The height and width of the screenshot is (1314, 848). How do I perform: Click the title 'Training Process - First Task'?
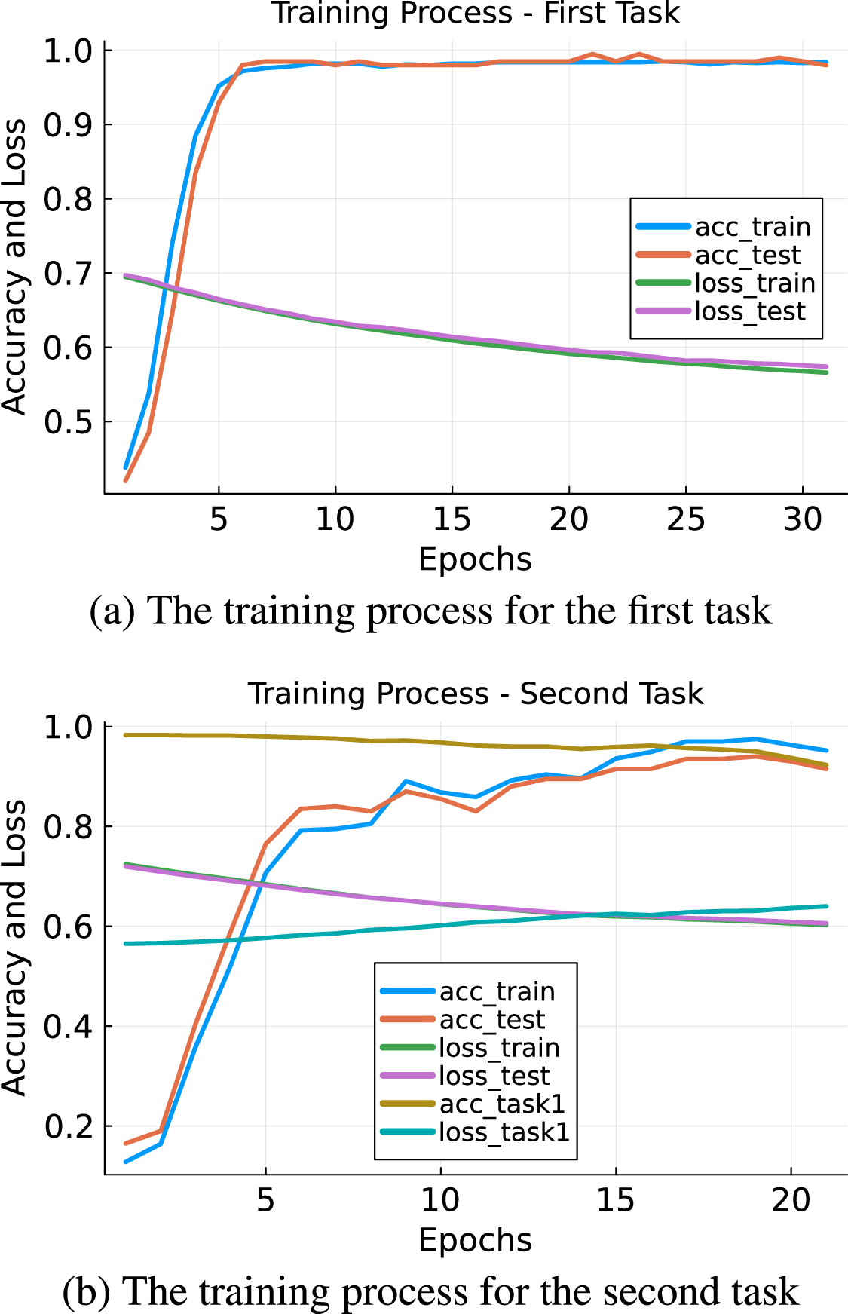(x=476, y=14)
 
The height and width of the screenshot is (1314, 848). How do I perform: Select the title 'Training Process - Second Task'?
(x=476, y=693)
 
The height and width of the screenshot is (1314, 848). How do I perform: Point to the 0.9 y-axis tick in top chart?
(x=67, y=125)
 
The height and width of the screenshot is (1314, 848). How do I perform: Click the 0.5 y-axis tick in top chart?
(x=67, y=422)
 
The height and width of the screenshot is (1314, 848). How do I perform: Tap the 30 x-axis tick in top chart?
(x=802, y=519)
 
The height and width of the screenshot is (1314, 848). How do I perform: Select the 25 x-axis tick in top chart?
(x=685, y=519)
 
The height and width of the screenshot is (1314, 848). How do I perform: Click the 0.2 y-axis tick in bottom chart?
(x=67, y=1126)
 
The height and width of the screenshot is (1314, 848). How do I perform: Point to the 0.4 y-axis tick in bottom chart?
(x=67, y=1026)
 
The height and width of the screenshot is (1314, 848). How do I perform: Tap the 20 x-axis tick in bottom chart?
(x=791, y=1200)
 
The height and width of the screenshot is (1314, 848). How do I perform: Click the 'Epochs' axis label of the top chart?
(x=475, y=559)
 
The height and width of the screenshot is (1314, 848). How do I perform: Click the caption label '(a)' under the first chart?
(x=112, y=611)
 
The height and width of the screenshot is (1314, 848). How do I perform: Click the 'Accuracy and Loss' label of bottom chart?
(x=15, y=948)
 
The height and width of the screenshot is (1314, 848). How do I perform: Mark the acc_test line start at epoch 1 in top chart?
(x=126, y=480)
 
